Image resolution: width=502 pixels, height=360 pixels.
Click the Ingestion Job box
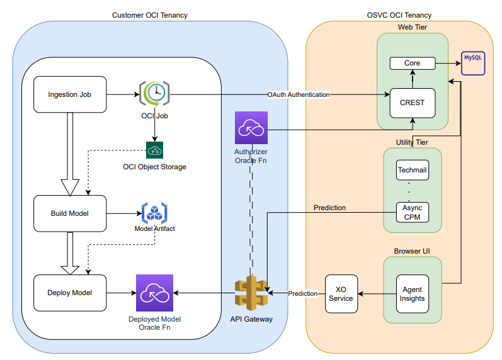click(x=70, y=95)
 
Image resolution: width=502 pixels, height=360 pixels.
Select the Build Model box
click(x=70, y=213)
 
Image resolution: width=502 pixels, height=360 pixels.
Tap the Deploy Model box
click(x=70, y=293)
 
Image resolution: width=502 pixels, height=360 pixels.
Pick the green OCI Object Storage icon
click(x=154, y=150)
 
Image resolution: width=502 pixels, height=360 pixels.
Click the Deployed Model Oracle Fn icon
click(x=154, y=293)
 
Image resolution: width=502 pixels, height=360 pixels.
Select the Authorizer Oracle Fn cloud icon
click(x=251, y=129)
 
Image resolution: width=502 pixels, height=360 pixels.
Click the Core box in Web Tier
click(x=413, y=64)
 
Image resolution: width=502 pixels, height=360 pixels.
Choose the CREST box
click(x=413, y=103)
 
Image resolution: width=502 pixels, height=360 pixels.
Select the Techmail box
click(x=413, y=170)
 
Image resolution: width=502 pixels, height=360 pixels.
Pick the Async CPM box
click(x=413, y=213)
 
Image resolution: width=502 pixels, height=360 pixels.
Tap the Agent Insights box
click(x=413, y=293)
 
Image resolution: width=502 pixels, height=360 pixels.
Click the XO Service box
click(x=341, y=293)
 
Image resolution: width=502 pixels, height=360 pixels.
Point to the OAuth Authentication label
click(x=299, y=94)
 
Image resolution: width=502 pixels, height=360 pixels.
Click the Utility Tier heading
click(x=412, y=142)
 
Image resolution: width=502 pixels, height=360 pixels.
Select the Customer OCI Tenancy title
click(x=149, y=14)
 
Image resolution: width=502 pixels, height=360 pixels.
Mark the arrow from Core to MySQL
click(x=448, y=64)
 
